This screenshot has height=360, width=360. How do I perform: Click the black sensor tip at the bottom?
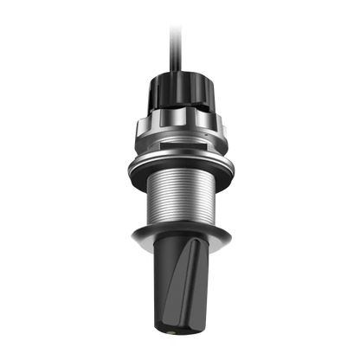[x=180, y=294]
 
